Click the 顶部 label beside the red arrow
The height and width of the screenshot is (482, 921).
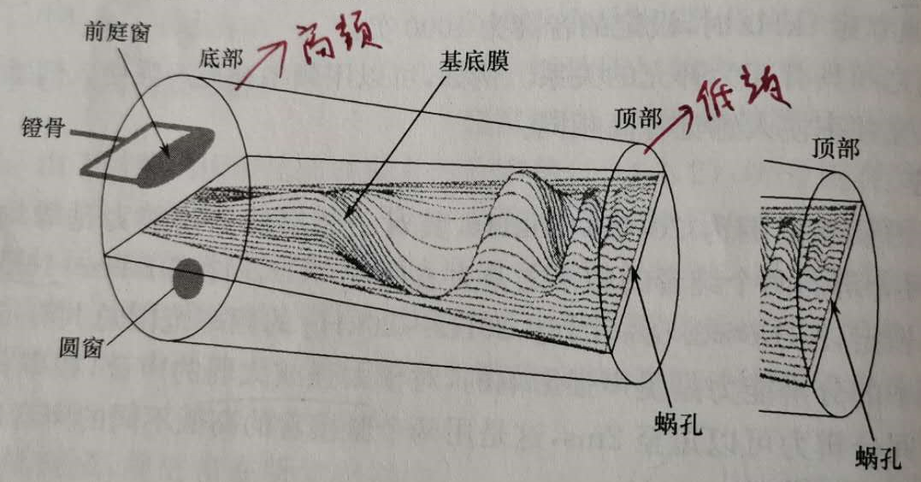click(x=637, y=119)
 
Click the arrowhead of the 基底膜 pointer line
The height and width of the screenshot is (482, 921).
click(x=346, y=215)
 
